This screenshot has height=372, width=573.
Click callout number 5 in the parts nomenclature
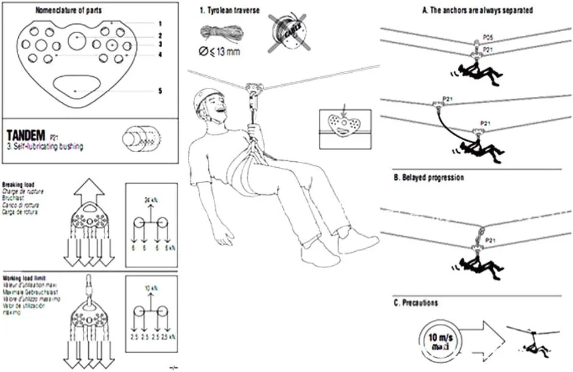pos(160,91)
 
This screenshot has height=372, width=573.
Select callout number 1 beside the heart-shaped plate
pos(160,23)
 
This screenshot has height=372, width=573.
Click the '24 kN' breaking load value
pos(152,200)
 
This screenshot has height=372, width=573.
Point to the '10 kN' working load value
pos(151,289)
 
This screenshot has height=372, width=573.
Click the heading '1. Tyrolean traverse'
pos(225,10)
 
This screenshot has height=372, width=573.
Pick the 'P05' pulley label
pos(487,37)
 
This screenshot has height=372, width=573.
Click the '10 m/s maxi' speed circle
pos(435,340)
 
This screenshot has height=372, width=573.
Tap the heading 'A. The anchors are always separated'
pos(478,10)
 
